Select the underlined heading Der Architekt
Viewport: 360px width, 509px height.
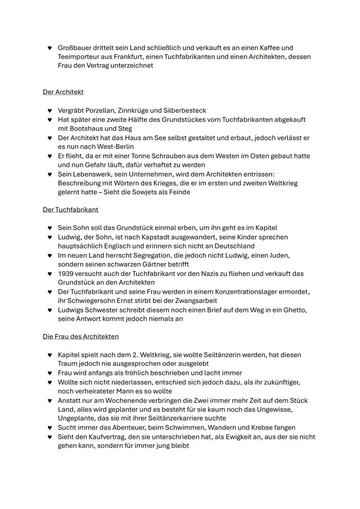point(63,92)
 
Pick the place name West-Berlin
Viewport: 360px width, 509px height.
point(113,147)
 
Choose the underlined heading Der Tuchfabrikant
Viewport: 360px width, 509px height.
point(70,210)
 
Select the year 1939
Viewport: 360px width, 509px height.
point(66,274)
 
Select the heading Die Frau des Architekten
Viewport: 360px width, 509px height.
point(80,336)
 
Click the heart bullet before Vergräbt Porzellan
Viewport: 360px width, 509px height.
point(50,111)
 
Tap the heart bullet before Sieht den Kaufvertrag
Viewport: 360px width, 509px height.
point(50,437)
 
